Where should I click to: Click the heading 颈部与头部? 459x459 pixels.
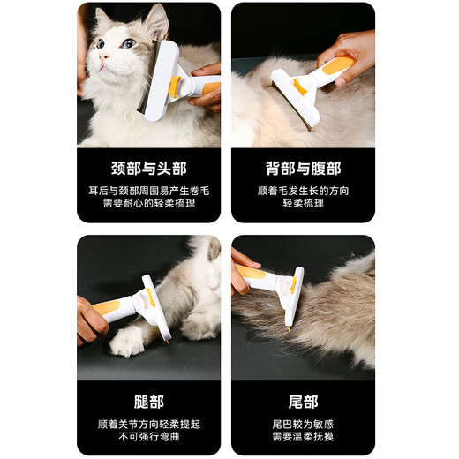(148, 168)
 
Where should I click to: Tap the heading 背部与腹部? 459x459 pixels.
(303, 168)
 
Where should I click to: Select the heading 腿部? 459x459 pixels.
(148, 402)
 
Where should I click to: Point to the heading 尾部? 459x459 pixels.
(303, 402)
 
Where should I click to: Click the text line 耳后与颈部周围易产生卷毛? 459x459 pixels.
(148, 190)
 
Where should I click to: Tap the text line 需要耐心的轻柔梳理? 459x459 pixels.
(148, 203)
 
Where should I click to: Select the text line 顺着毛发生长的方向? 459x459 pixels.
(303, 190)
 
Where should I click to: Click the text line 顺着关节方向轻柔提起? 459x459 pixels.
(148, 423)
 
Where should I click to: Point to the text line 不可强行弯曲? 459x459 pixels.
(148, 437)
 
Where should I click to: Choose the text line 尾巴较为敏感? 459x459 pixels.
(303, 423)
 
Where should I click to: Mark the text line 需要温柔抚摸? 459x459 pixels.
(303, 437)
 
